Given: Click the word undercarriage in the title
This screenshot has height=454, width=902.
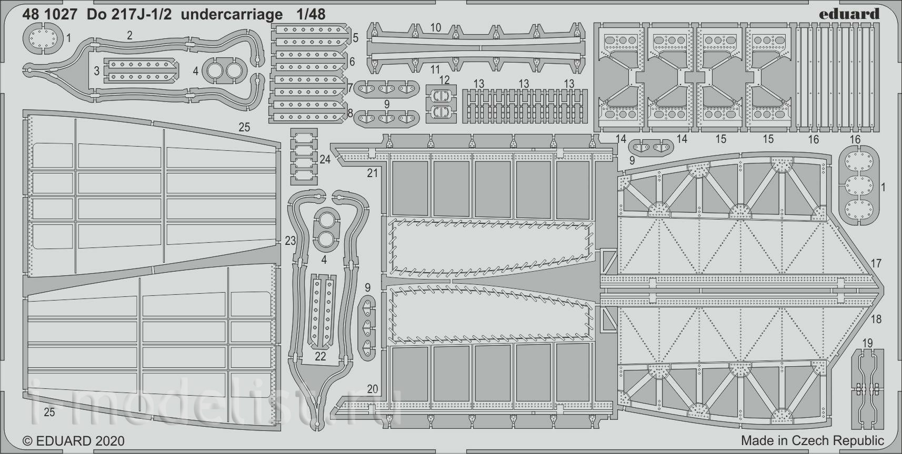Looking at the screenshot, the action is (232, 15).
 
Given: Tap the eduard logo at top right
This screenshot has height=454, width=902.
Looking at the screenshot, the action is (849, 14).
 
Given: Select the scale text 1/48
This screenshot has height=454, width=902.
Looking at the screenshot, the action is (310, 15).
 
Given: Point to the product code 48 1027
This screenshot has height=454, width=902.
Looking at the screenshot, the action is (50, 15).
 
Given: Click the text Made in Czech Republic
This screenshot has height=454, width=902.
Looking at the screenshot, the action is (813, 440).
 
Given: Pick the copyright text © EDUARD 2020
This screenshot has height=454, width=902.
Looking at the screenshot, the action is (74, 441).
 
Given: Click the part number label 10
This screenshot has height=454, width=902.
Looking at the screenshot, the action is (436, 27).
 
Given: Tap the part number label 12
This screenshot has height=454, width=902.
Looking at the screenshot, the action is (444, 80).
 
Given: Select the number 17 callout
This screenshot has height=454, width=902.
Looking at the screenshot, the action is (876, 263).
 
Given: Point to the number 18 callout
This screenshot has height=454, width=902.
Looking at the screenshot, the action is (876, 319).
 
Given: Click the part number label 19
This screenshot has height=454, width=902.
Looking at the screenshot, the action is (867, 343).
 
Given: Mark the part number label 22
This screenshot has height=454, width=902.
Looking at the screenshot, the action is (320, 356).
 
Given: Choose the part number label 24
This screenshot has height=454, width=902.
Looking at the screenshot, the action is (325, 160).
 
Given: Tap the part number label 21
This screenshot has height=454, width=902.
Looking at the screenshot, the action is (373, 173).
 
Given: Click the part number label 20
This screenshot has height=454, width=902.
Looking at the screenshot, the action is (373, 389).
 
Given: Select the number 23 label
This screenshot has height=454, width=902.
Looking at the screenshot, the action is (290, 241).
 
